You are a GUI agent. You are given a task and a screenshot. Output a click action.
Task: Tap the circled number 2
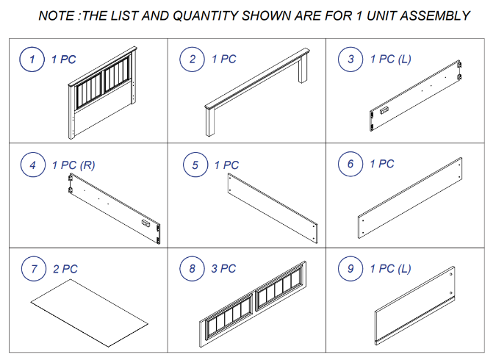[193, 60]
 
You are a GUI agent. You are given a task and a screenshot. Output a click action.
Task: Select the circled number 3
[350, 60]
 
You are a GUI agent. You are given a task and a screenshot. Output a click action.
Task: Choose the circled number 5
[195, 165]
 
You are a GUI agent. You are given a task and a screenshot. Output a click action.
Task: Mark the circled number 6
[351, 163]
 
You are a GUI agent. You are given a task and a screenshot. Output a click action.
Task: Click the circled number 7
[33, 269]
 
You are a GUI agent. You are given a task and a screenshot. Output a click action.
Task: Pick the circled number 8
[193, 269]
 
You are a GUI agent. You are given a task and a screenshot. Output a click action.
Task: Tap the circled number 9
[351, 269]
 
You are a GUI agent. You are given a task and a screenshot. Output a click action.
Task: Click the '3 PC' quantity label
[224, 269]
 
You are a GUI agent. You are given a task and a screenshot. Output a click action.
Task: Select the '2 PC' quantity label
[65, 269]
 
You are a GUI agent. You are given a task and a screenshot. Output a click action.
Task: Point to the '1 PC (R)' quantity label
[73, 165]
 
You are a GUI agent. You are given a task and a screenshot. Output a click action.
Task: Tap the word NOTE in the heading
[57, 15]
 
